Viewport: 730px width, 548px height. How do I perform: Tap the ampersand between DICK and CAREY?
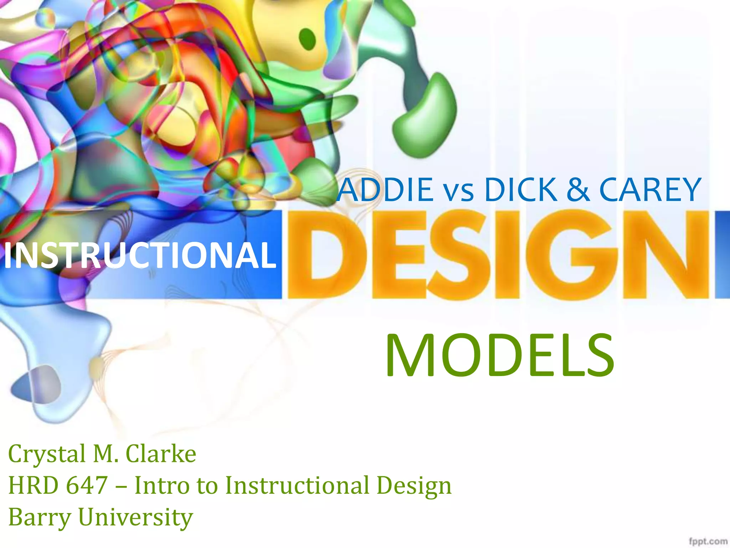coord(577,190)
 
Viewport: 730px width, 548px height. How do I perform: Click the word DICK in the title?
coord(521,190)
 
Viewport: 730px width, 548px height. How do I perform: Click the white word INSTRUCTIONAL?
coord(140,255)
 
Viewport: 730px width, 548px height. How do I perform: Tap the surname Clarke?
coord(161,454)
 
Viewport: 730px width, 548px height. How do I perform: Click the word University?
coord(135,517)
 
